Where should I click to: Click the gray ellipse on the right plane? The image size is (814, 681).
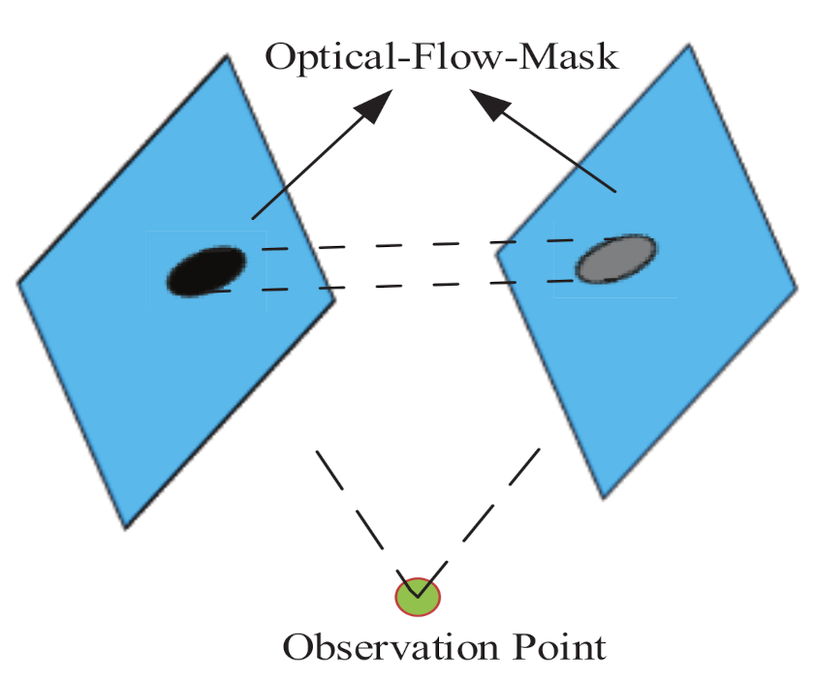(616, 260)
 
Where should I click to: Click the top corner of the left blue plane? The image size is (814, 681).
(227, 56)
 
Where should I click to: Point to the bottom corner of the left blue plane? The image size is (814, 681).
(126, 528)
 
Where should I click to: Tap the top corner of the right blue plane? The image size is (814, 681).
(689, 46)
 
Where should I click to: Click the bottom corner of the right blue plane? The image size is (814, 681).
(604, 498)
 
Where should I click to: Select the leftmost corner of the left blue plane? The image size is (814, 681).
(18, 282)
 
